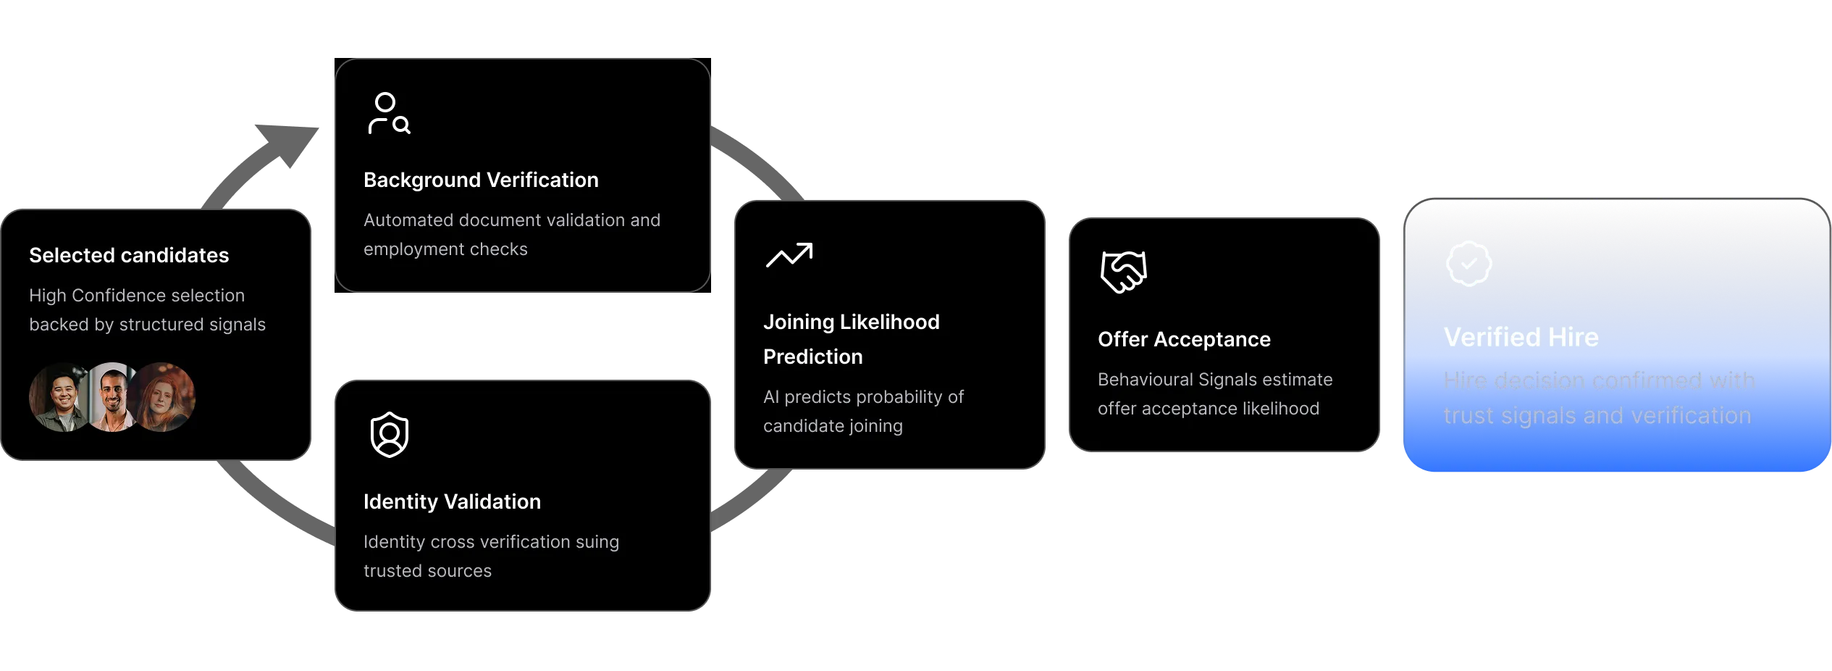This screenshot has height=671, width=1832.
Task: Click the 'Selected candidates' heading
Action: coord(129,255)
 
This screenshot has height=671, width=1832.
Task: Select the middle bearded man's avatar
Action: coord(112,397)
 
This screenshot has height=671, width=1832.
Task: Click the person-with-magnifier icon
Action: coord(389,114)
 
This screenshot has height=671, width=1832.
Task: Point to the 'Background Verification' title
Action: coord(481,180)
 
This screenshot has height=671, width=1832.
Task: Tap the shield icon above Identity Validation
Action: coord(389,435)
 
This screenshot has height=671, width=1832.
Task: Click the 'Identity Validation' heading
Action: coord(452,501)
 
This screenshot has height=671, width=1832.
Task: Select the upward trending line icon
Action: coord(789,255)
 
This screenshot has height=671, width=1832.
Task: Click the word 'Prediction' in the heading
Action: coord(812,357)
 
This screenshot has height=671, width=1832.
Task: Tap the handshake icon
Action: coord(1123,272)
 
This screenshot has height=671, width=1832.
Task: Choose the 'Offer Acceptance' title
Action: coord(1184,339)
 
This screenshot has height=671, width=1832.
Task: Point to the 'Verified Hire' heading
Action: coord(1521,337)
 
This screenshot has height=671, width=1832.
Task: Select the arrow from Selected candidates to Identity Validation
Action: coord(272,500)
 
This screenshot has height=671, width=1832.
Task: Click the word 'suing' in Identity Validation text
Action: coord(597,542)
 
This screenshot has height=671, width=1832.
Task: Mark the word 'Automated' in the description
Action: coord(407,220)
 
